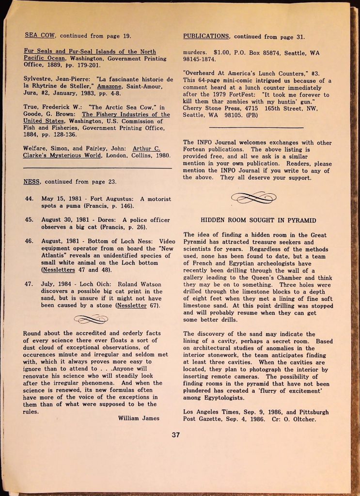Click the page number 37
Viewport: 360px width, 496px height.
click(x=175, y=435)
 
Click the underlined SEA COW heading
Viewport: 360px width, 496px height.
click(x=41, y=35)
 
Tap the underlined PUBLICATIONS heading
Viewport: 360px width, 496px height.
click(x=206, y=36)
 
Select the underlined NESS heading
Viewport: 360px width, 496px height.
click(x=33, y=182)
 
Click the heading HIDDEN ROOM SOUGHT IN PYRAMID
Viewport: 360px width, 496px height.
click(x=258, y=220)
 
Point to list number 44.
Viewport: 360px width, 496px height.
click(x=29, y=199)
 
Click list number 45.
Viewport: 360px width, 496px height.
click(x=29, y=219)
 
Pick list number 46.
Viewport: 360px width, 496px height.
click(x=29, y=241)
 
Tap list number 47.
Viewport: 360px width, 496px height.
click(x=29, y=284)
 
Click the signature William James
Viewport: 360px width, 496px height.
click(x=139, y=418)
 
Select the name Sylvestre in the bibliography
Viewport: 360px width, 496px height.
click(x=39, y=79)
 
